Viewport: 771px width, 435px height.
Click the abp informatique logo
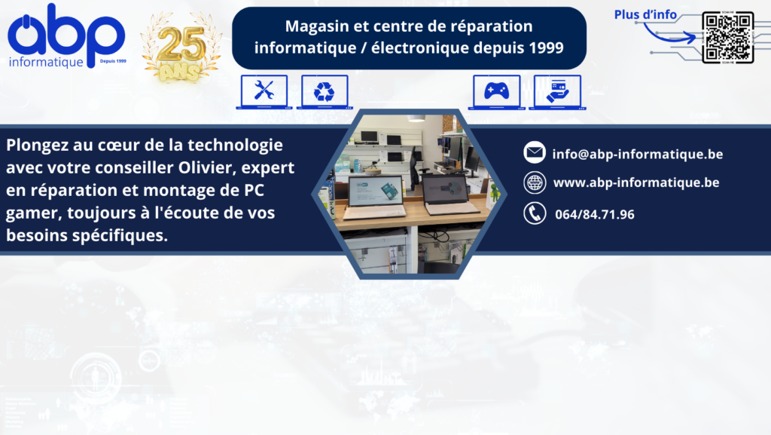(x=67, y=35)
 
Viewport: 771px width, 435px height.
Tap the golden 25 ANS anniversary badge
(x=181, y=47)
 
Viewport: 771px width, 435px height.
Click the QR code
(x=728, y=38)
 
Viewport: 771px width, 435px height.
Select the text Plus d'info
(x=645, y=15)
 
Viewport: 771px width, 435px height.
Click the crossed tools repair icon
(x=264, y=91)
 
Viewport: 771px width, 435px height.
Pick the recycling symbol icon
(x=325, y=91)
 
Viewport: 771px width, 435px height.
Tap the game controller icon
(x=497, y=91)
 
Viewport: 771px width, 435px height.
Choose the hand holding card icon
(x=557, y=91)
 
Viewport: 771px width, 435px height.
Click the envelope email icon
(x=535, y=152)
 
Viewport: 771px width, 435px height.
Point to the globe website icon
(x=535, y=182)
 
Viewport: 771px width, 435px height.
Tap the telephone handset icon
(x=535, y=213)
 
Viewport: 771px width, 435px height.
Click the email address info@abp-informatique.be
(x=638, y=154)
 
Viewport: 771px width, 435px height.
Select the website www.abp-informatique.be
(x=636, y=182)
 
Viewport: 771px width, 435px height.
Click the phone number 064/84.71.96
(x=595, y=215)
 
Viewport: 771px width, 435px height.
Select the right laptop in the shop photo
(x=449, y=195)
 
